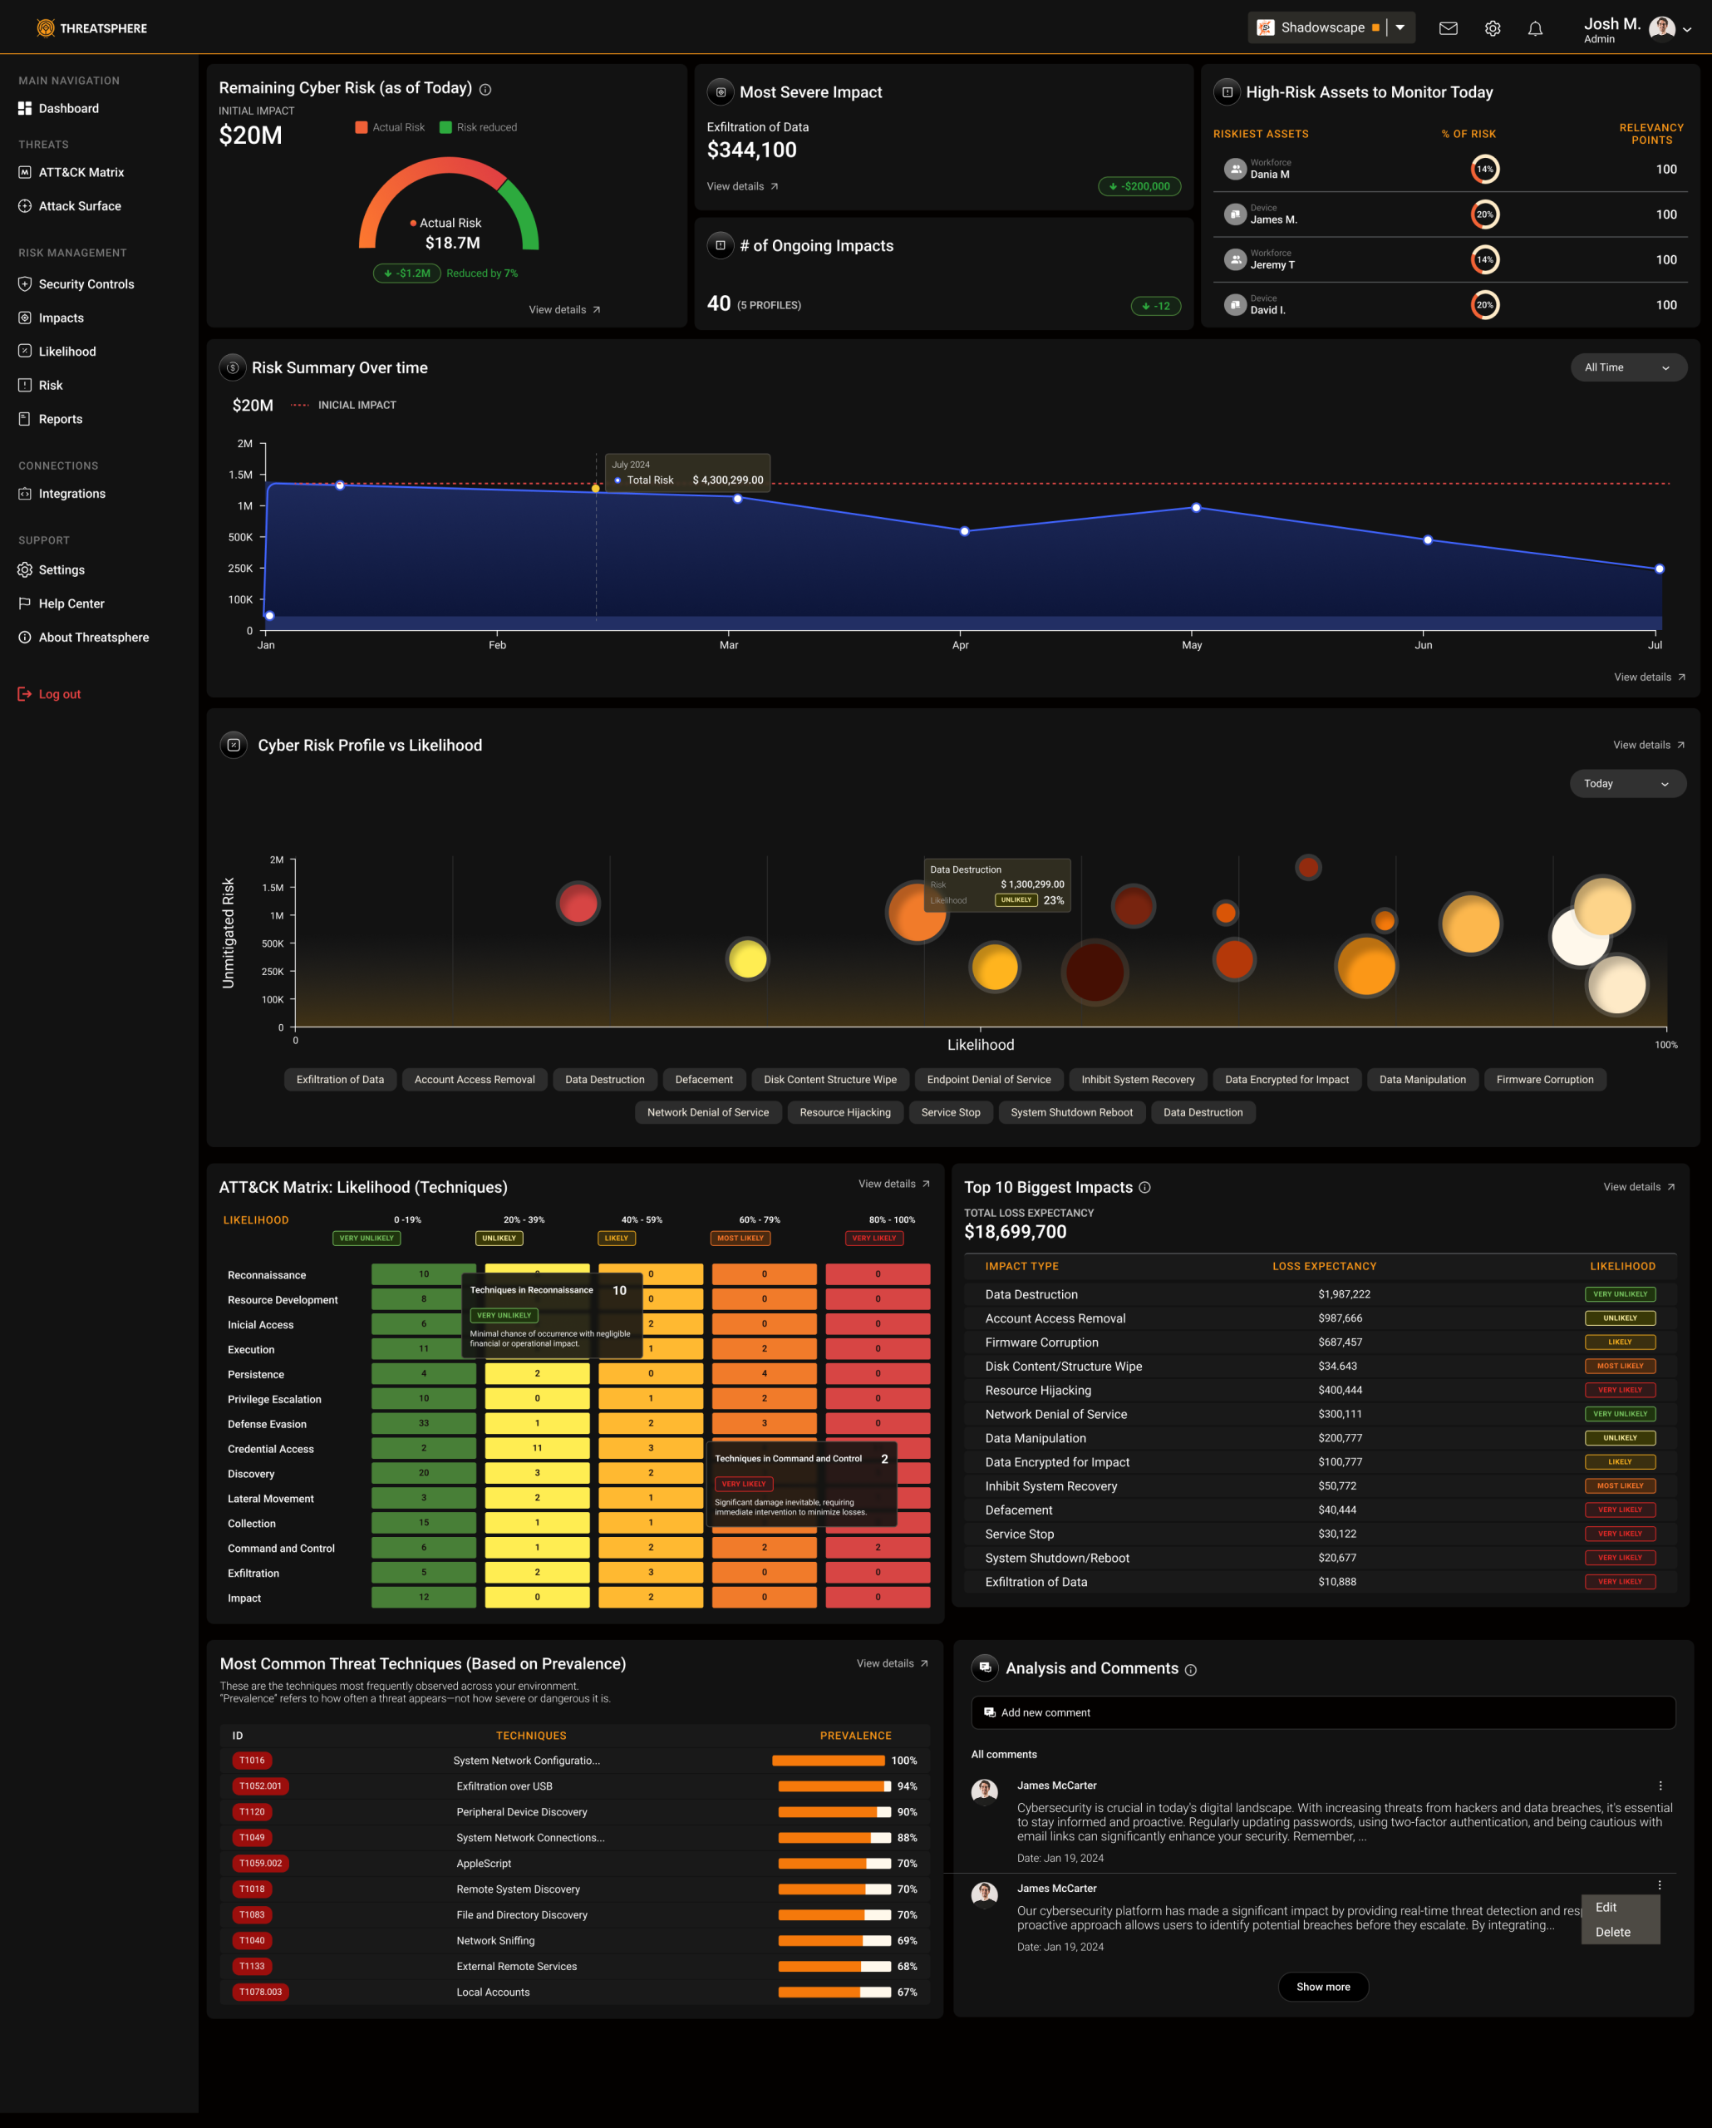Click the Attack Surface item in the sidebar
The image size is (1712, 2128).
point(79,206)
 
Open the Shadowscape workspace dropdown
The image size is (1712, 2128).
point(1400,27)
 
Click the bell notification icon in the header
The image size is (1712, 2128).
point(1534,28)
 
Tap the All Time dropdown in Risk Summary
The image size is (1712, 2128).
point(1627,367)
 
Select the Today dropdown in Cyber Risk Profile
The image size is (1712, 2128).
point(1626,784)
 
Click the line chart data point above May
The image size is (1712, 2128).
point(1196,507)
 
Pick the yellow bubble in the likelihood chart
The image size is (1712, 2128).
point(747,958)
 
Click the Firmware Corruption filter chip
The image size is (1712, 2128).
point(1544,1080)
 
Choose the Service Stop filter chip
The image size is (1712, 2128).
point(950,1112)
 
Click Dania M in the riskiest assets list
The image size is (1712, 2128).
point(1269,175)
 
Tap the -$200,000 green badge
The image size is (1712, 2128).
point(1139,186)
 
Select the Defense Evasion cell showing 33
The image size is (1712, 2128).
point(423,1423)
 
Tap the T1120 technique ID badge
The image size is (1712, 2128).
point(252,1812)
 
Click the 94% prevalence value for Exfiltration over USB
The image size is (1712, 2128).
point(906,1786)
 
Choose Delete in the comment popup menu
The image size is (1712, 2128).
point(1612,1933)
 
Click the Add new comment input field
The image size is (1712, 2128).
point(1322,1712)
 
